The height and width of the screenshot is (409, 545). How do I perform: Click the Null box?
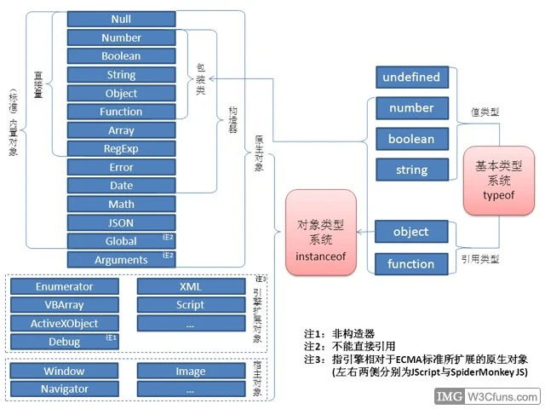pos(121,19)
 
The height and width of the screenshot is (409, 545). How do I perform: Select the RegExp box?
pos(121,148)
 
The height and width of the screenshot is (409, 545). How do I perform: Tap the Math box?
pos(121,204)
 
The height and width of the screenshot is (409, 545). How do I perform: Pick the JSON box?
pos(121,222)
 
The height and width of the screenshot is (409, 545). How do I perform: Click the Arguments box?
pos(121,260)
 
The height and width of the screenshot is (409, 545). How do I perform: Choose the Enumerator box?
pos(65,287)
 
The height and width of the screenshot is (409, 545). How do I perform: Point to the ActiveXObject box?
pos(65,324)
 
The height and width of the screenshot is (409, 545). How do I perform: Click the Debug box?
pos(65,343)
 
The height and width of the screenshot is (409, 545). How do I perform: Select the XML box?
pos(191,287)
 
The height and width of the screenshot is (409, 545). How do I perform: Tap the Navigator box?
pos(65,389)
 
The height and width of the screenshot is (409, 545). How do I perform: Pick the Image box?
pos(191,372)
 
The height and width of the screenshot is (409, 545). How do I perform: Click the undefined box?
pos(411,78)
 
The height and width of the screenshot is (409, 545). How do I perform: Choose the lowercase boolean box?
pos(411,140)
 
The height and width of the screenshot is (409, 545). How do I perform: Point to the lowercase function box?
pos(411,264)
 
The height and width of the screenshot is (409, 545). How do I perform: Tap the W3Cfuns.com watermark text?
pos(501,397)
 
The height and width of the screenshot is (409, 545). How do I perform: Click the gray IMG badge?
pos(449,397)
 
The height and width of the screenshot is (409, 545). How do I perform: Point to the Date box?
pos(121,186)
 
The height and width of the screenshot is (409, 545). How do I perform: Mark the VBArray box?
pos(65,305)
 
